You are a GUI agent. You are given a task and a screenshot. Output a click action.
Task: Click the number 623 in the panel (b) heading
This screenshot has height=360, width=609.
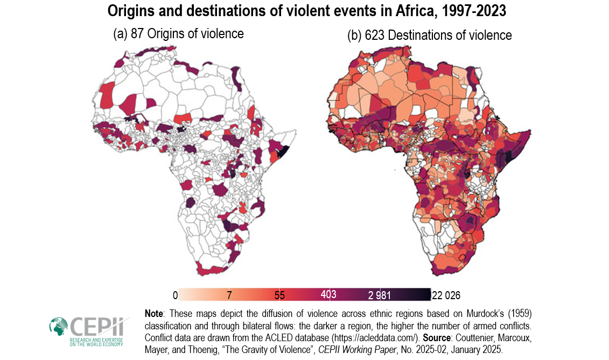click(375, 36)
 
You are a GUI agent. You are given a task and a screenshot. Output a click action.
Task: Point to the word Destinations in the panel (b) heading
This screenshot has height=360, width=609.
click(423, 36)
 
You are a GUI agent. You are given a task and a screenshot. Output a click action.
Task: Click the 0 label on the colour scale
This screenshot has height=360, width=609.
click(174, 295)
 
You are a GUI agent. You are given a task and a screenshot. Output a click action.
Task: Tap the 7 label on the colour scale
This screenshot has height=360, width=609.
click(229, 295)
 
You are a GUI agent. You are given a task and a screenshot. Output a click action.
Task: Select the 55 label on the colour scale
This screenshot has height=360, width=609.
click(279, 295)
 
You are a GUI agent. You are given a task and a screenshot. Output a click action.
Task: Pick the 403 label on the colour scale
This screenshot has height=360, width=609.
click(328, 294)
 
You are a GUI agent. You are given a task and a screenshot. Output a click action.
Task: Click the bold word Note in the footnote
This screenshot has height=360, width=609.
click(156, 313)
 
